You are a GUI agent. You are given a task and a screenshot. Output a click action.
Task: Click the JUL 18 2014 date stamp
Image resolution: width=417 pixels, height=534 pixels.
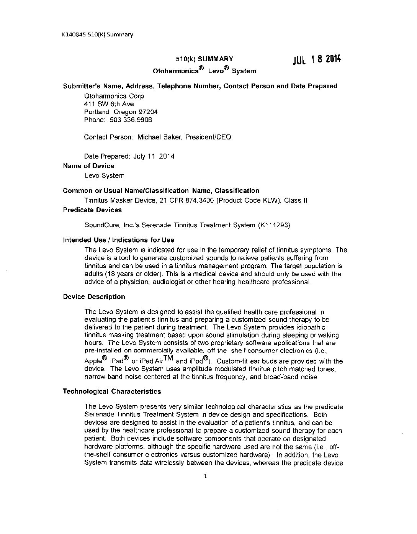pyautogui.click(x=316, y=60)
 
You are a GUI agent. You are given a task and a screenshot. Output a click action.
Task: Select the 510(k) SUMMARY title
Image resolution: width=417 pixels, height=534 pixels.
pyautogui.click(x=204, y=59)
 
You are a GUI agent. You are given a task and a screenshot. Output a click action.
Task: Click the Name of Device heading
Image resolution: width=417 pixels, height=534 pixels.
pyautogui.click(x=88, y=166)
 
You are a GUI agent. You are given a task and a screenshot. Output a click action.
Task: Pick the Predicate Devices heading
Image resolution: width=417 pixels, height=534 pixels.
pyautogui.click(x=92, y=210)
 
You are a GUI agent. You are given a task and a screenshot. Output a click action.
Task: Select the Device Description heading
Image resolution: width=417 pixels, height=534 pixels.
pyautogui.click(x=94, y=297)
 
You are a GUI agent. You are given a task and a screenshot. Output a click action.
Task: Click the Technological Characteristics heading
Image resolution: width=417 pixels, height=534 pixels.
pyautogui.click(x=112, y=391)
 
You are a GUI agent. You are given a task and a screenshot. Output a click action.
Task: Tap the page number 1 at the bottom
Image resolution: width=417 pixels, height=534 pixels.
pyautogui.click(x=205, y=477)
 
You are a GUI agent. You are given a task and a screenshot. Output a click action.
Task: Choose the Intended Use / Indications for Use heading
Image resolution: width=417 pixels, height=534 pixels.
pyautogui.click(x=118, y=240)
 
